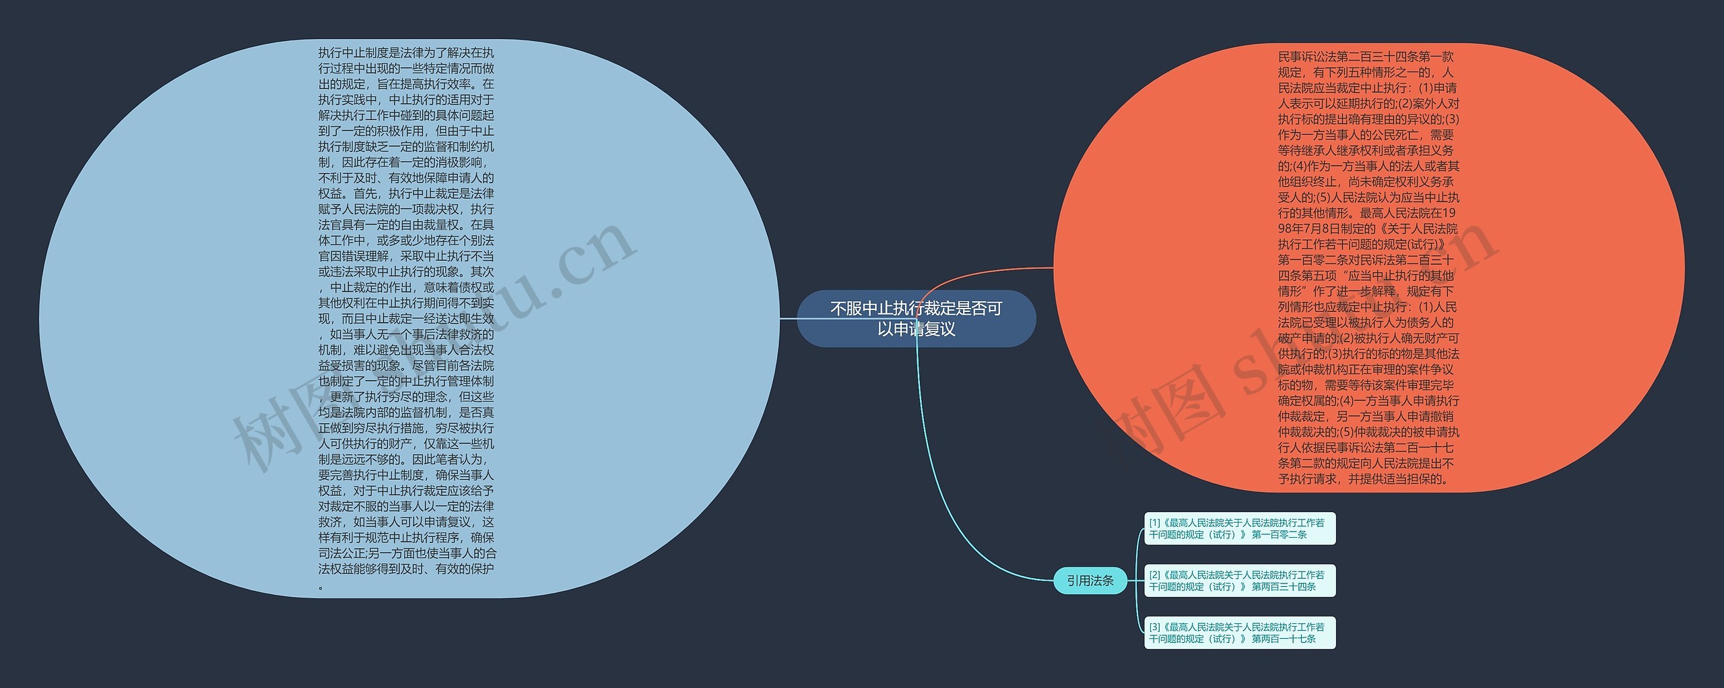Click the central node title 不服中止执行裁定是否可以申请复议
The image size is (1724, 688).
point(916,319)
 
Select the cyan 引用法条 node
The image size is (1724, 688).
point(1090,580)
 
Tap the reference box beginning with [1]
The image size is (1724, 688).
point(1239,528)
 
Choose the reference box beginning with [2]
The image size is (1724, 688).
point(1239,581)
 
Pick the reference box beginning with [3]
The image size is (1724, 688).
point(1239,633)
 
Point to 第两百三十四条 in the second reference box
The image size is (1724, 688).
point(1284,587)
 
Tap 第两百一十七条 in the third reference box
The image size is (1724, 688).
point(1284,639)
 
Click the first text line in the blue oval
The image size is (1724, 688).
point(406,53)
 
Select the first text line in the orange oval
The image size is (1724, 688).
point(1366,57)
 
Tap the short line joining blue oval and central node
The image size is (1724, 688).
point(788,319)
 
